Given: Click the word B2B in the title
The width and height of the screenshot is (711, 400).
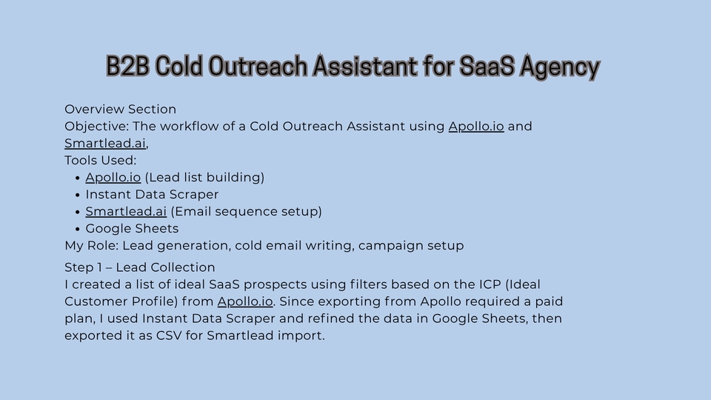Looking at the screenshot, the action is [127, 66].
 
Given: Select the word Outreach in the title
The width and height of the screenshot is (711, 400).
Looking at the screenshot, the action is [258, 66].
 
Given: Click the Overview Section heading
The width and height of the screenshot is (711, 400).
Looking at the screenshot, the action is [120, 110].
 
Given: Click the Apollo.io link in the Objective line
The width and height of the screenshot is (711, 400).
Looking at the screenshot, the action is [476, 127].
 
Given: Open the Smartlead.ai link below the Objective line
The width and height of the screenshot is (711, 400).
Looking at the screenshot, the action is [105, 143].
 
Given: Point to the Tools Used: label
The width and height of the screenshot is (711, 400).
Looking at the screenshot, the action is [100, 161].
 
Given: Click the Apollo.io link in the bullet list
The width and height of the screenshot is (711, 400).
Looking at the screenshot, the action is [113, 178].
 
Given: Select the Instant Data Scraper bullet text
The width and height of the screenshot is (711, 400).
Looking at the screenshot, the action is [152, 195].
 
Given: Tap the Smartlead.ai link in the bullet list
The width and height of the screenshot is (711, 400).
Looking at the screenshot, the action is [126, 212].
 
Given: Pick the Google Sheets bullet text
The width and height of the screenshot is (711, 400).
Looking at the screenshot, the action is [132, 229].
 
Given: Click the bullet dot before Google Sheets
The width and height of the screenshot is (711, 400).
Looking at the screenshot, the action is [78, 229].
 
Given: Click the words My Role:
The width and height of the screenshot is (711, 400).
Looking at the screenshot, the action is [92, 246].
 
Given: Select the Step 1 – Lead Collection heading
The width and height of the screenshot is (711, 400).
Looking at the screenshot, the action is [140, 267].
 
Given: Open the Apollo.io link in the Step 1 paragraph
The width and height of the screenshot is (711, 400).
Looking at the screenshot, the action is [245, 301].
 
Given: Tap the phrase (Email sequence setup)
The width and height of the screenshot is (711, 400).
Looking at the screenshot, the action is [246, 212].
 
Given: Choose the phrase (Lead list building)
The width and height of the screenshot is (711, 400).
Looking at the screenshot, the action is [204, 178].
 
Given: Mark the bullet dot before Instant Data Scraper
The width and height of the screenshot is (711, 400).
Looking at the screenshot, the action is [78, 195].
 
